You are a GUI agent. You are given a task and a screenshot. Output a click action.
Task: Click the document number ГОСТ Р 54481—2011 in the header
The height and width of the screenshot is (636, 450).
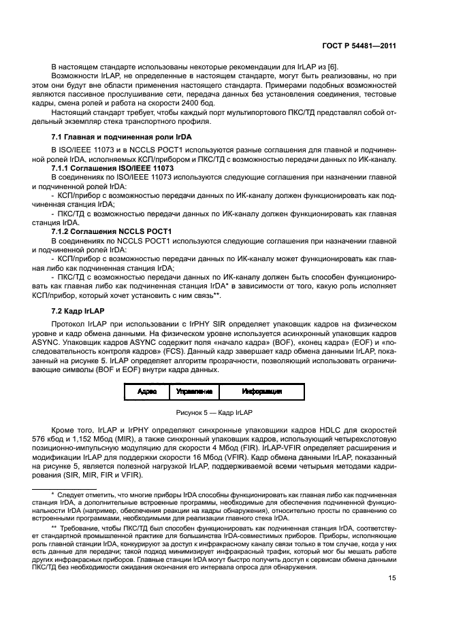(x=359, y=46)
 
